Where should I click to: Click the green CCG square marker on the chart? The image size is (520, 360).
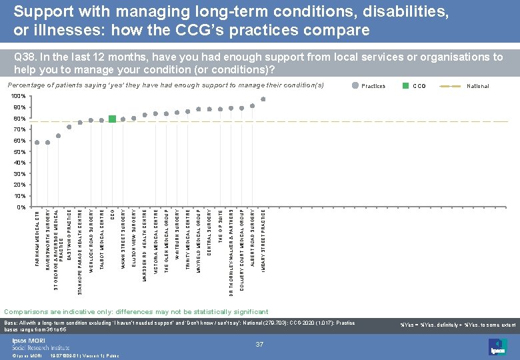click(112, 119)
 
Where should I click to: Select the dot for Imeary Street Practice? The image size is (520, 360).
click(263, 99)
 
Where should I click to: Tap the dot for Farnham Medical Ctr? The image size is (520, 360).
click(37, 142)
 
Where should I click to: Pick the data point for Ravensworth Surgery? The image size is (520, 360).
click(48, 142)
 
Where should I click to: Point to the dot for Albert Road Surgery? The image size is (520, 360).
click(253, 106)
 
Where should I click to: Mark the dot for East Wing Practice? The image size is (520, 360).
click(69, 127)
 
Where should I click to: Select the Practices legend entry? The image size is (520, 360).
click(372, 86)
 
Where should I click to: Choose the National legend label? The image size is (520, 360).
click(477, 86)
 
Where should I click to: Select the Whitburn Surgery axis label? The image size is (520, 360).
click(177, 233)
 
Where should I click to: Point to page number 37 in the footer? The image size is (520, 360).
click(260, 343)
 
